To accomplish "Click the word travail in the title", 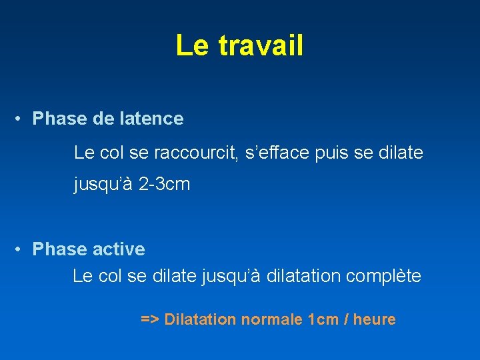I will (261, 46).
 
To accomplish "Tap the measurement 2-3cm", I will (165, 185).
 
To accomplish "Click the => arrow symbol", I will (149, 320).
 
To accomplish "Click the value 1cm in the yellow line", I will (324, 320).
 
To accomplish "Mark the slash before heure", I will (347, 320).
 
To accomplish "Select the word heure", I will (374, 320).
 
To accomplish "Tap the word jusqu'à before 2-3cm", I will (103, 185).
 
